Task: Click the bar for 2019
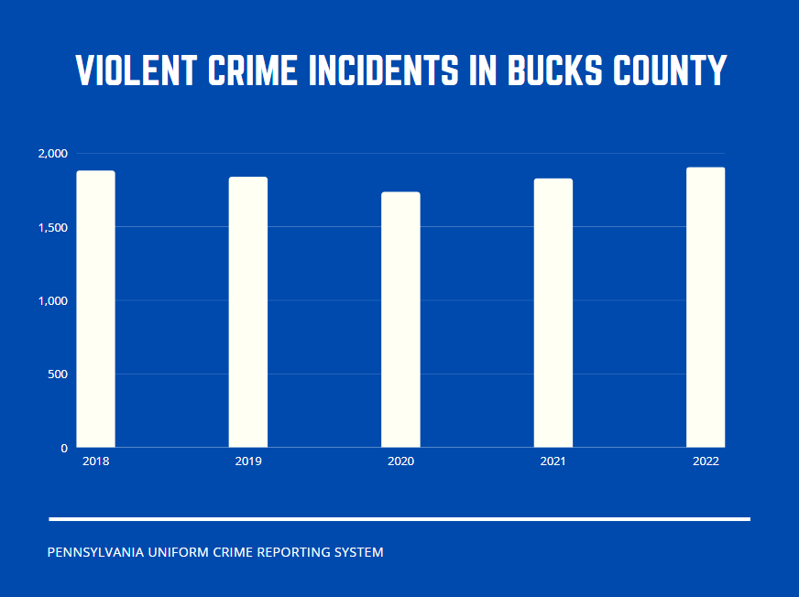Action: click(x=248, y=312)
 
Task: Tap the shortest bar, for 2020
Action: click(x=400, y=320)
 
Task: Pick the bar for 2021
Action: click(x=553, y=313)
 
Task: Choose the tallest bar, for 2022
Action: click(x=706, y=308)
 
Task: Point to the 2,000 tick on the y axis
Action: click(x=52, y=154)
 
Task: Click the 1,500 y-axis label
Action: click(x=52, y=227)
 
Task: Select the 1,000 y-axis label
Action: click(x=52, y=301)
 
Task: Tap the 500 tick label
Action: click(x=57, y=374)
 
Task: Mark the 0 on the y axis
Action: click(x=64, y=449)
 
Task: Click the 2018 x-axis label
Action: click(x=95, y=461)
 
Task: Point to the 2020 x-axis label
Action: click(x=400, y=461)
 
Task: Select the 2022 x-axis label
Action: click(x=706, y=461)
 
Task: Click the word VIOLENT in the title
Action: click(x=137, y=71)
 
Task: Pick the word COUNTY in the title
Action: click(x=671, y=71)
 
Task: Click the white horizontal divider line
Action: click(x=399, y=519)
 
